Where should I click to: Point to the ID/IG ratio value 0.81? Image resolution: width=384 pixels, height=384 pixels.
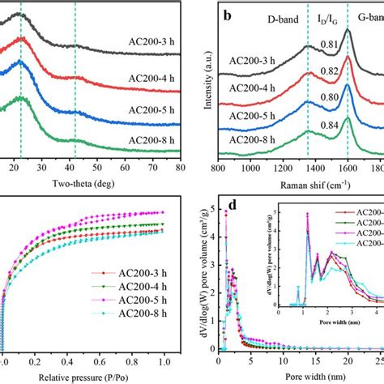click(x=329, y=45)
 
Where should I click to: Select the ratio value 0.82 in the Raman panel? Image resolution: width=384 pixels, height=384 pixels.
click(x=329, y=71)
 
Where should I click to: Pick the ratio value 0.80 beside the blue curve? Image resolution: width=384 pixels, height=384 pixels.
click(x=329, y=97)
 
